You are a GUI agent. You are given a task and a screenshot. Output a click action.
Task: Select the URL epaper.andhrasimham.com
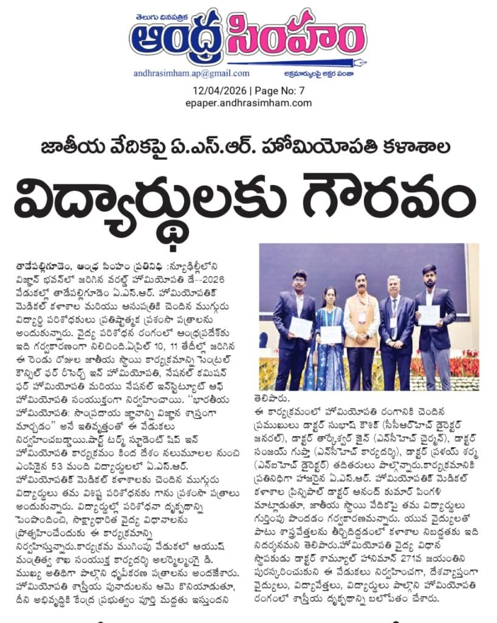click(x=249, y=103)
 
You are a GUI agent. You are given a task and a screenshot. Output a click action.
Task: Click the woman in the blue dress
click(x=330, y=341)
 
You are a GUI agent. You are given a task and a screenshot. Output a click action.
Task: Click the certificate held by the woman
click(x=331, y=334)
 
